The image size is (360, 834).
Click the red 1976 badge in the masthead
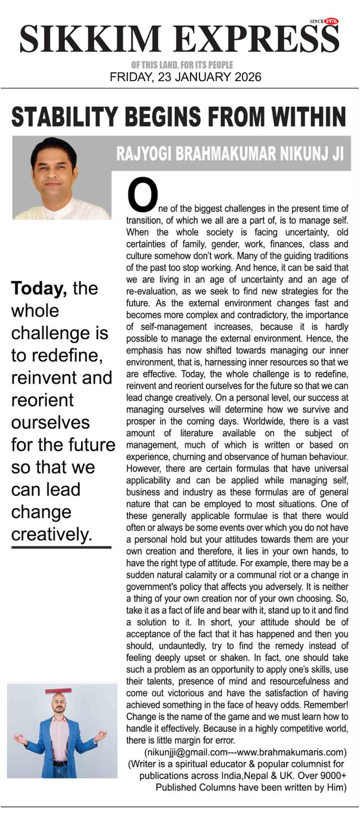tap(331, 22)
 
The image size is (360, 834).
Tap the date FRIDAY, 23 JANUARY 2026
tap(185, 77)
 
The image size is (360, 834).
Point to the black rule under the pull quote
tap(61, 547)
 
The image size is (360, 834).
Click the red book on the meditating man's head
tap(58, 691)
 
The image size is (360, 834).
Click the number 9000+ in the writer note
tap(331, 776)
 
